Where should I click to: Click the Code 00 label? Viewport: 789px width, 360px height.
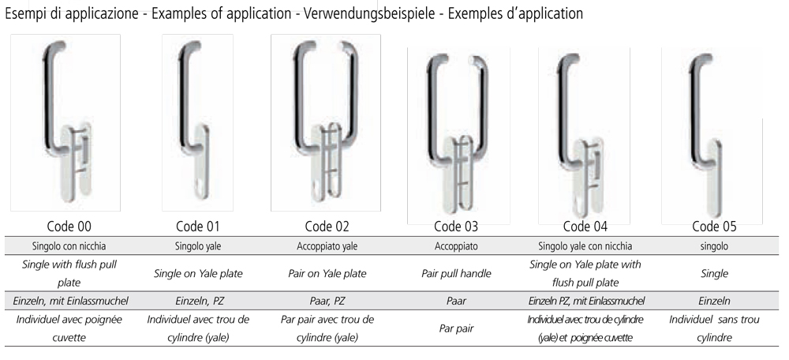click(x=70, y=227)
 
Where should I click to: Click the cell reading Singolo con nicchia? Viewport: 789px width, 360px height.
click(x=70, y=246)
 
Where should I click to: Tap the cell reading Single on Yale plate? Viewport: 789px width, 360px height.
click(x=197, y=274)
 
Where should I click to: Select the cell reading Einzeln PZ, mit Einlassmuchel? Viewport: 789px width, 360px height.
click(x=585, y=301)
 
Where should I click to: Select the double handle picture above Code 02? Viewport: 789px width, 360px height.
click(x=326, y=122)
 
